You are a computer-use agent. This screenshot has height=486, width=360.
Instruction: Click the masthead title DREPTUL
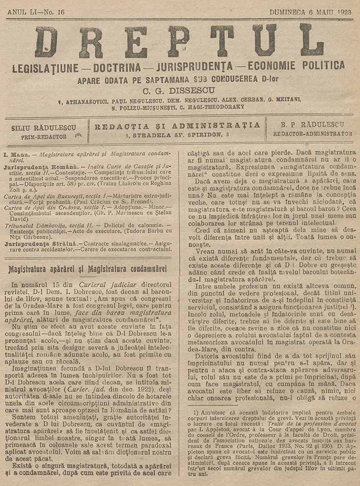click(x=180, y=42)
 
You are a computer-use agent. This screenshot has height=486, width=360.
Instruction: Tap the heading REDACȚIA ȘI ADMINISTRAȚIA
click(x=177, y=126)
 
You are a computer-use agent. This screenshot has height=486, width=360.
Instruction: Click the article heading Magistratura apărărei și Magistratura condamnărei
click(x=88, y=269)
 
